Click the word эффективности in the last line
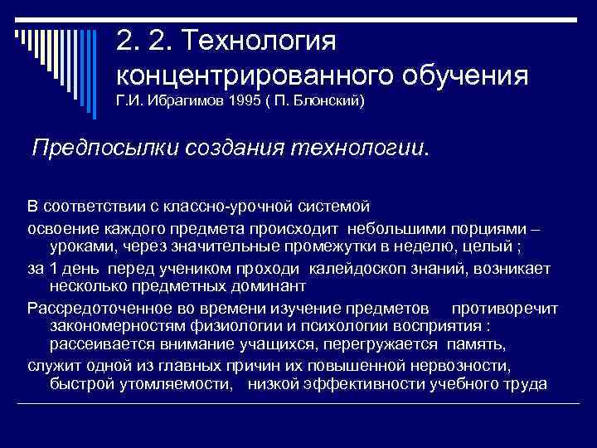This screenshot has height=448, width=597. (370, 384)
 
